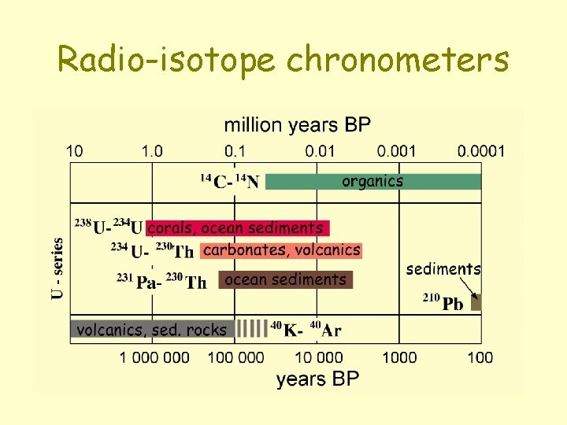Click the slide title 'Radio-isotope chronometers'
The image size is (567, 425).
pos(283,59)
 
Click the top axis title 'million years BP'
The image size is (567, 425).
pos(297,125)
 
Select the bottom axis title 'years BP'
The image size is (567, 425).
pos(317,379)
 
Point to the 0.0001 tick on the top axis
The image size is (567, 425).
pos(481,150)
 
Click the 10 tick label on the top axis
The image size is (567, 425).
pos(74,150)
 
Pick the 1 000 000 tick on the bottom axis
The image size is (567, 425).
pos(154,357)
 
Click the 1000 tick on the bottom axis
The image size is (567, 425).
pos(399,357)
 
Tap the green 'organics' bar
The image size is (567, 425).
pos(372,182)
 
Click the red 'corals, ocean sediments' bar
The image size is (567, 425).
pos(237,228)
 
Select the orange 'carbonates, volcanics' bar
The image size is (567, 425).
pos(281,250)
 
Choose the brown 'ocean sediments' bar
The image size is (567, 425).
pos(285,279)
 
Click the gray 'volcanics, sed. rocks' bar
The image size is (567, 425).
pos(152,330)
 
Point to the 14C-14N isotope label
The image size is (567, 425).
pos(229,182)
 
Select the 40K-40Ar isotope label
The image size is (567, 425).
pos(306,330)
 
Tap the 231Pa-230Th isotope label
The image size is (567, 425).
pos(161,280)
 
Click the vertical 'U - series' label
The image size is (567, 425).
pos(57,268)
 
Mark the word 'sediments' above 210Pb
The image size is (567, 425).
pos(443,269)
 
